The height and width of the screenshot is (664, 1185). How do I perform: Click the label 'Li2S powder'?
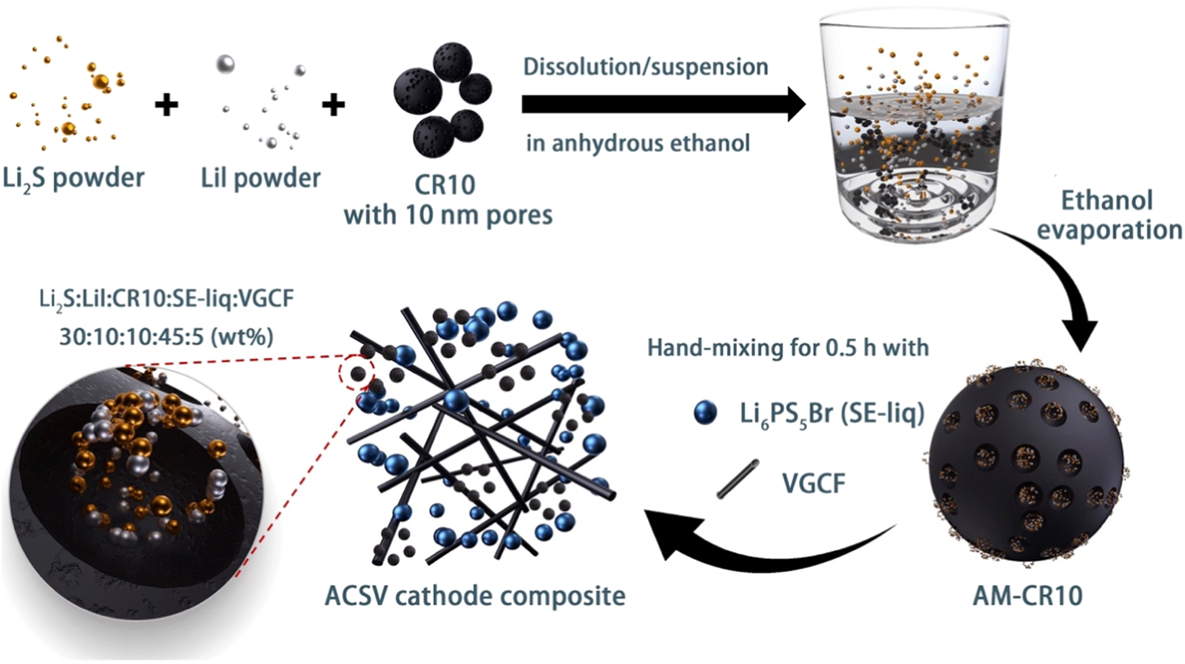click(x=73, y=179)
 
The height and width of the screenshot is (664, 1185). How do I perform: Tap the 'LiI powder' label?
click(x=261, y=179)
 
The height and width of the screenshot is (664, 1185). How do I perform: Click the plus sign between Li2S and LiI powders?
click(x=167, y=105)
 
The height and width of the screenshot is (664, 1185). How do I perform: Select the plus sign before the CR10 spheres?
click(x=333, y=105)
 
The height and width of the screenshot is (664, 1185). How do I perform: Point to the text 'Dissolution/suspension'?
click(x=645, y=67)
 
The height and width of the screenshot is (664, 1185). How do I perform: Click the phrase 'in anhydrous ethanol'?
click(x=638, y=144)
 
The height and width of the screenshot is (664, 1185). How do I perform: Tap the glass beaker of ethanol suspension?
click(x=914, y=129)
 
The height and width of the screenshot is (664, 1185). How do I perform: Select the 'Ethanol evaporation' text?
click(x=1108, y=215)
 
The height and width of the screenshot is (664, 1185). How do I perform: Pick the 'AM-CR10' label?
click(x=1027, y=596)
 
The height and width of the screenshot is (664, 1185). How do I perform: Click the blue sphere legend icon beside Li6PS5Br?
click(x=705, y=413)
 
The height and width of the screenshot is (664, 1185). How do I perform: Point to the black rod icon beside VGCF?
click(x=737, y=479)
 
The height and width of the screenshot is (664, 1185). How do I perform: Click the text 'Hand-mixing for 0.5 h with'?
click(x=788, y=348)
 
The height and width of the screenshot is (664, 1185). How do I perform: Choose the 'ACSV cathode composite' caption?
click(x=475, y=596)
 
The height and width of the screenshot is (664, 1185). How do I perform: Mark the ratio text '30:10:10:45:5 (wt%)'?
click(x=166, y=337)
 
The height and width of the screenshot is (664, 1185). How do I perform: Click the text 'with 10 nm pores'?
click(x=448, y=215)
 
